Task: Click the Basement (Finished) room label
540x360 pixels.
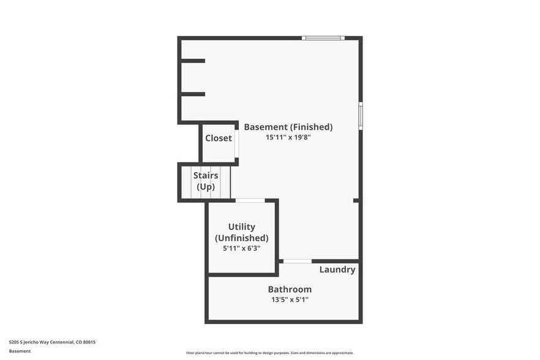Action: [x=288, y=127]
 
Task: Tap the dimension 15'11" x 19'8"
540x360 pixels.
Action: [x=288, y=138]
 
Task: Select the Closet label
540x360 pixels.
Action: [x=219, y=138]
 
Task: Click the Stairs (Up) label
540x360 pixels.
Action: [x=206, y=181]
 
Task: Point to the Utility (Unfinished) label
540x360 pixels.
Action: [x=241, y=232]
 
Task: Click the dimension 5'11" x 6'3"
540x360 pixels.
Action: [x=241, y=248]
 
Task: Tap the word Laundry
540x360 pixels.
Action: [x=337, y=269]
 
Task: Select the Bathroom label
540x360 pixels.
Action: [x=290, y=289]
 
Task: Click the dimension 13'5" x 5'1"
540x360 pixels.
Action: [x=290, y=300]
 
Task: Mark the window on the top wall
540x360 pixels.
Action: [x=323, y=38]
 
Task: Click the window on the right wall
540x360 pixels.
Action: [x=361, y=116]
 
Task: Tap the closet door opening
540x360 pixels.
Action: [x=236, y=144]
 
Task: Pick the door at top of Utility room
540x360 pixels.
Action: [x=250, y=200]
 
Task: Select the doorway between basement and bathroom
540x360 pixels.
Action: [x=298, y=261]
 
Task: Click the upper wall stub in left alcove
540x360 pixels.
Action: [x=193, y=61]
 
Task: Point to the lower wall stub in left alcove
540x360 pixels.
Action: [x=193, y=94]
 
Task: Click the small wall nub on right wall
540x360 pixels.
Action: [x=356, y=200]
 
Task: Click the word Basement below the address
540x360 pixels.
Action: [x=20, y=351]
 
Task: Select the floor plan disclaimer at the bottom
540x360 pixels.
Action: [x=270, y=353]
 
